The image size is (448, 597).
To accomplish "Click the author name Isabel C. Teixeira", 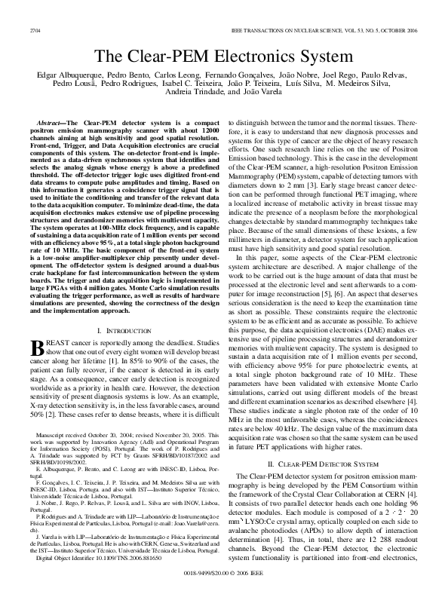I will [170, 84].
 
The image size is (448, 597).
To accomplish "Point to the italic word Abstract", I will [49, 121].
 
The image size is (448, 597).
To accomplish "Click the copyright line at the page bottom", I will [223, 572].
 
